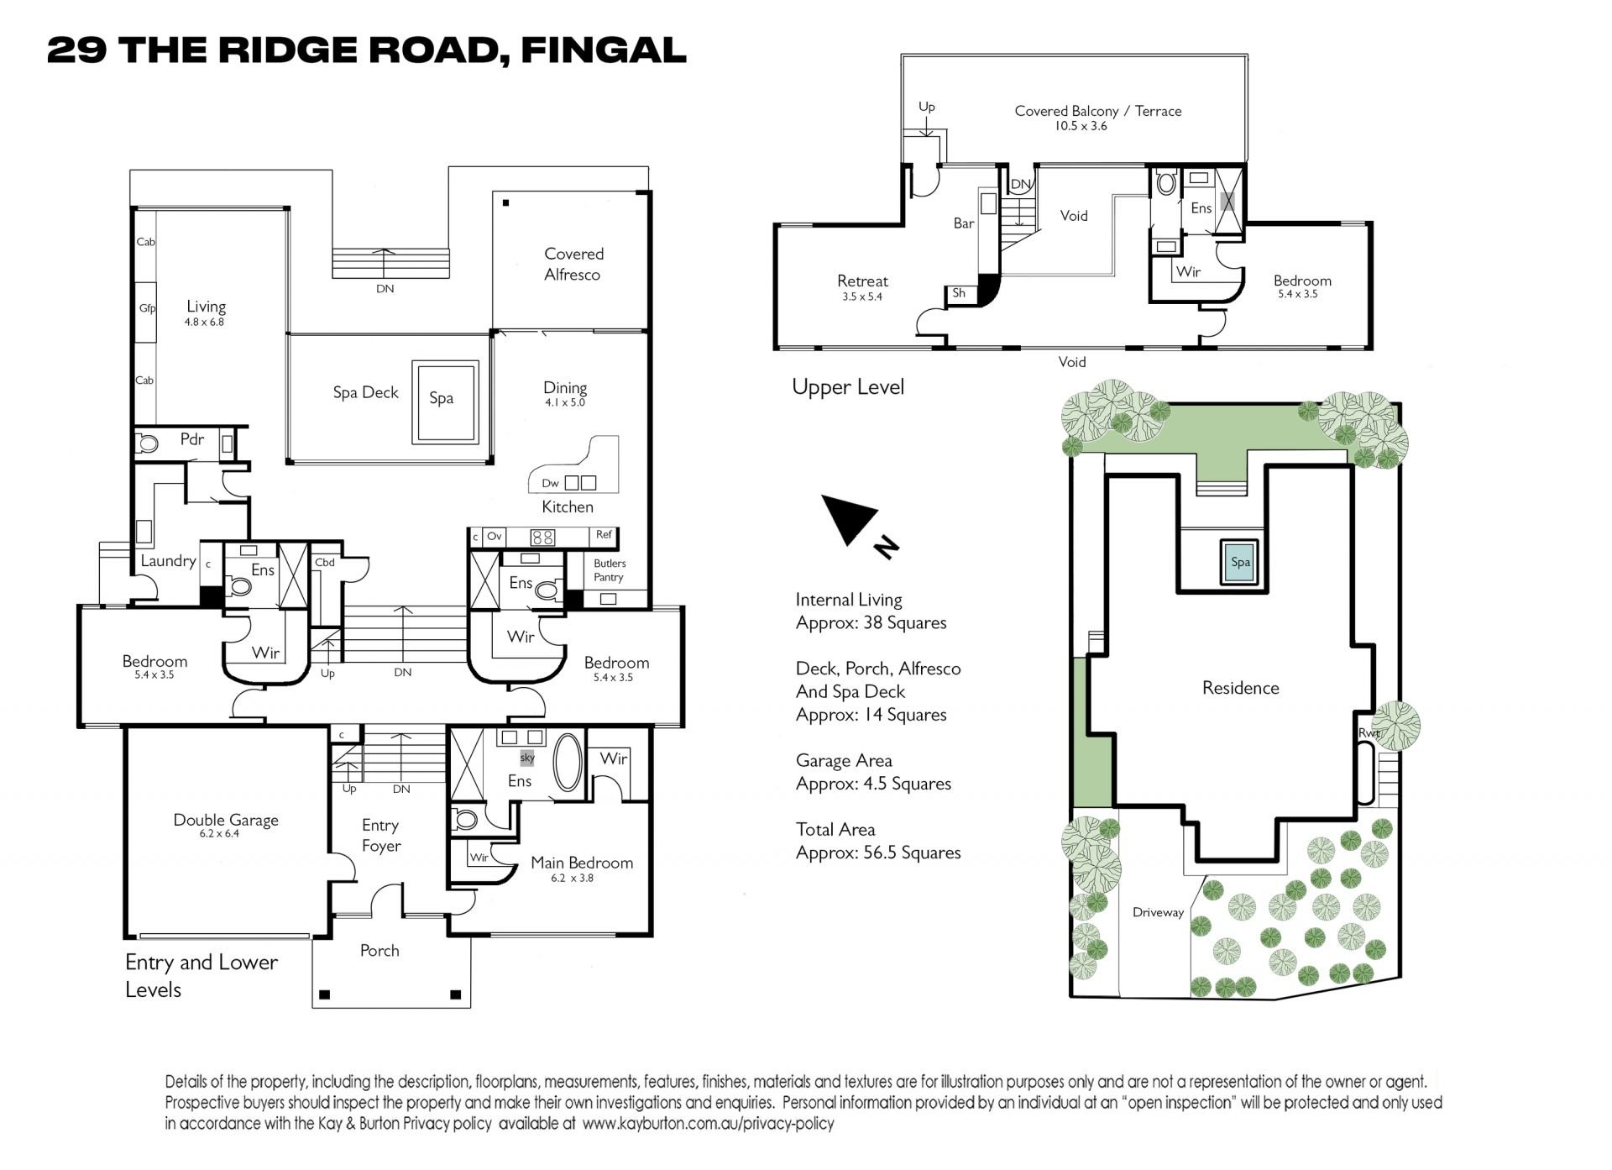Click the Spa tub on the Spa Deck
click(445, 401)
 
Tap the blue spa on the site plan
click(1240, 562)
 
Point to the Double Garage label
click(226, 820)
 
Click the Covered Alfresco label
click(573, 264)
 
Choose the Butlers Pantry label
click(610, 570)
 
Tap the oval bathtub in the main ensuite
click(568, 763)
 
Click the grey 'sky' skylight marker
click(527, 758)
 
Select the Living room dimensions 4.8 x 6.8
click(205, 322)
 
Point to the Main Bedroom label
click(582, 863)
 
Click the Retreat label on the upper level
click(862, 281)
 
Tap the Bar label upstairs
click(964, 223)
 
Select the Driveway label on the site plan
click(1158, 912)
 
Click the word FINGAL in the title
click(604, 50)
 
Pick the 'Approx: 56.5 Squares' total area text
click(878, 853)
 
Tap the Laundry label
click(168, 561)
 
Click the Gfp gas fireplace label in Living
click(148, 308)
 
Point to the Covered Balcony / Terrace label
click(1098, 111)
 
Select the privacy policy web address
click(708, 1123)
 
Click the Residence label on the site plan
click(1241, 688)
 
